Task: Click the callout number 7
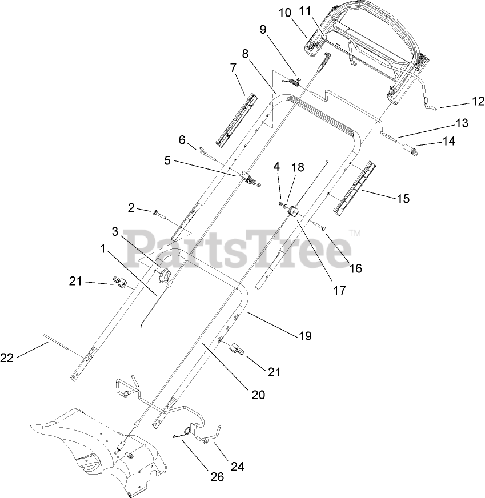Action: click(x=233, y=67)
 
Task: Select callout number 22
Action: click(x=7, y=358)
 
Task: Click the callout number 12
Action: click(x=478, y=101)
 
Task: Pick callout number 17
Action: click(x=339, y=290)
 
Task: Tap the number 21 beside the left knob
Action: click(x=76, y=281)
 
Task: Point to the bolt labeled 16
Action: click(x=318, y=226)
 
